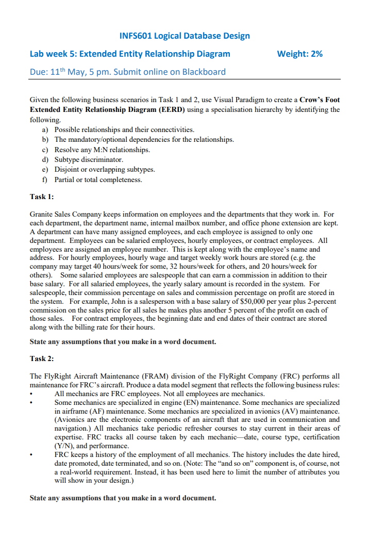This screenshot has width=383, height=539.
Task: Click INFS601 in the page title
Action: click(136, 36)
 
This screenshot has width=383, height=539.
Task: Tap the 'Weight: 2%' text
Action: click(300, 54)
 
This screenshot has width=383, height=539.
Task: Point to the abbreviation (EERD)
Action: click(173, 110)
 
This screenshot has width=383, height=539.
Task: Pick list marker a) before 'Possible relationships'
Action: click(45, 130)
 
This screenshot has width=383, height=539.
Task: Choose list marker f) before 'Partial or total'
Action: click(45, 180)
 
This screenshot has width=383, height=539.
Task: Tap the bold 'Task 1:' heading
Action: click(42, 197)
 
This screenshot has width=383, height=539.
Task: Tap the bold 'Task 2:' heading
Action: click(42, 358)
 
